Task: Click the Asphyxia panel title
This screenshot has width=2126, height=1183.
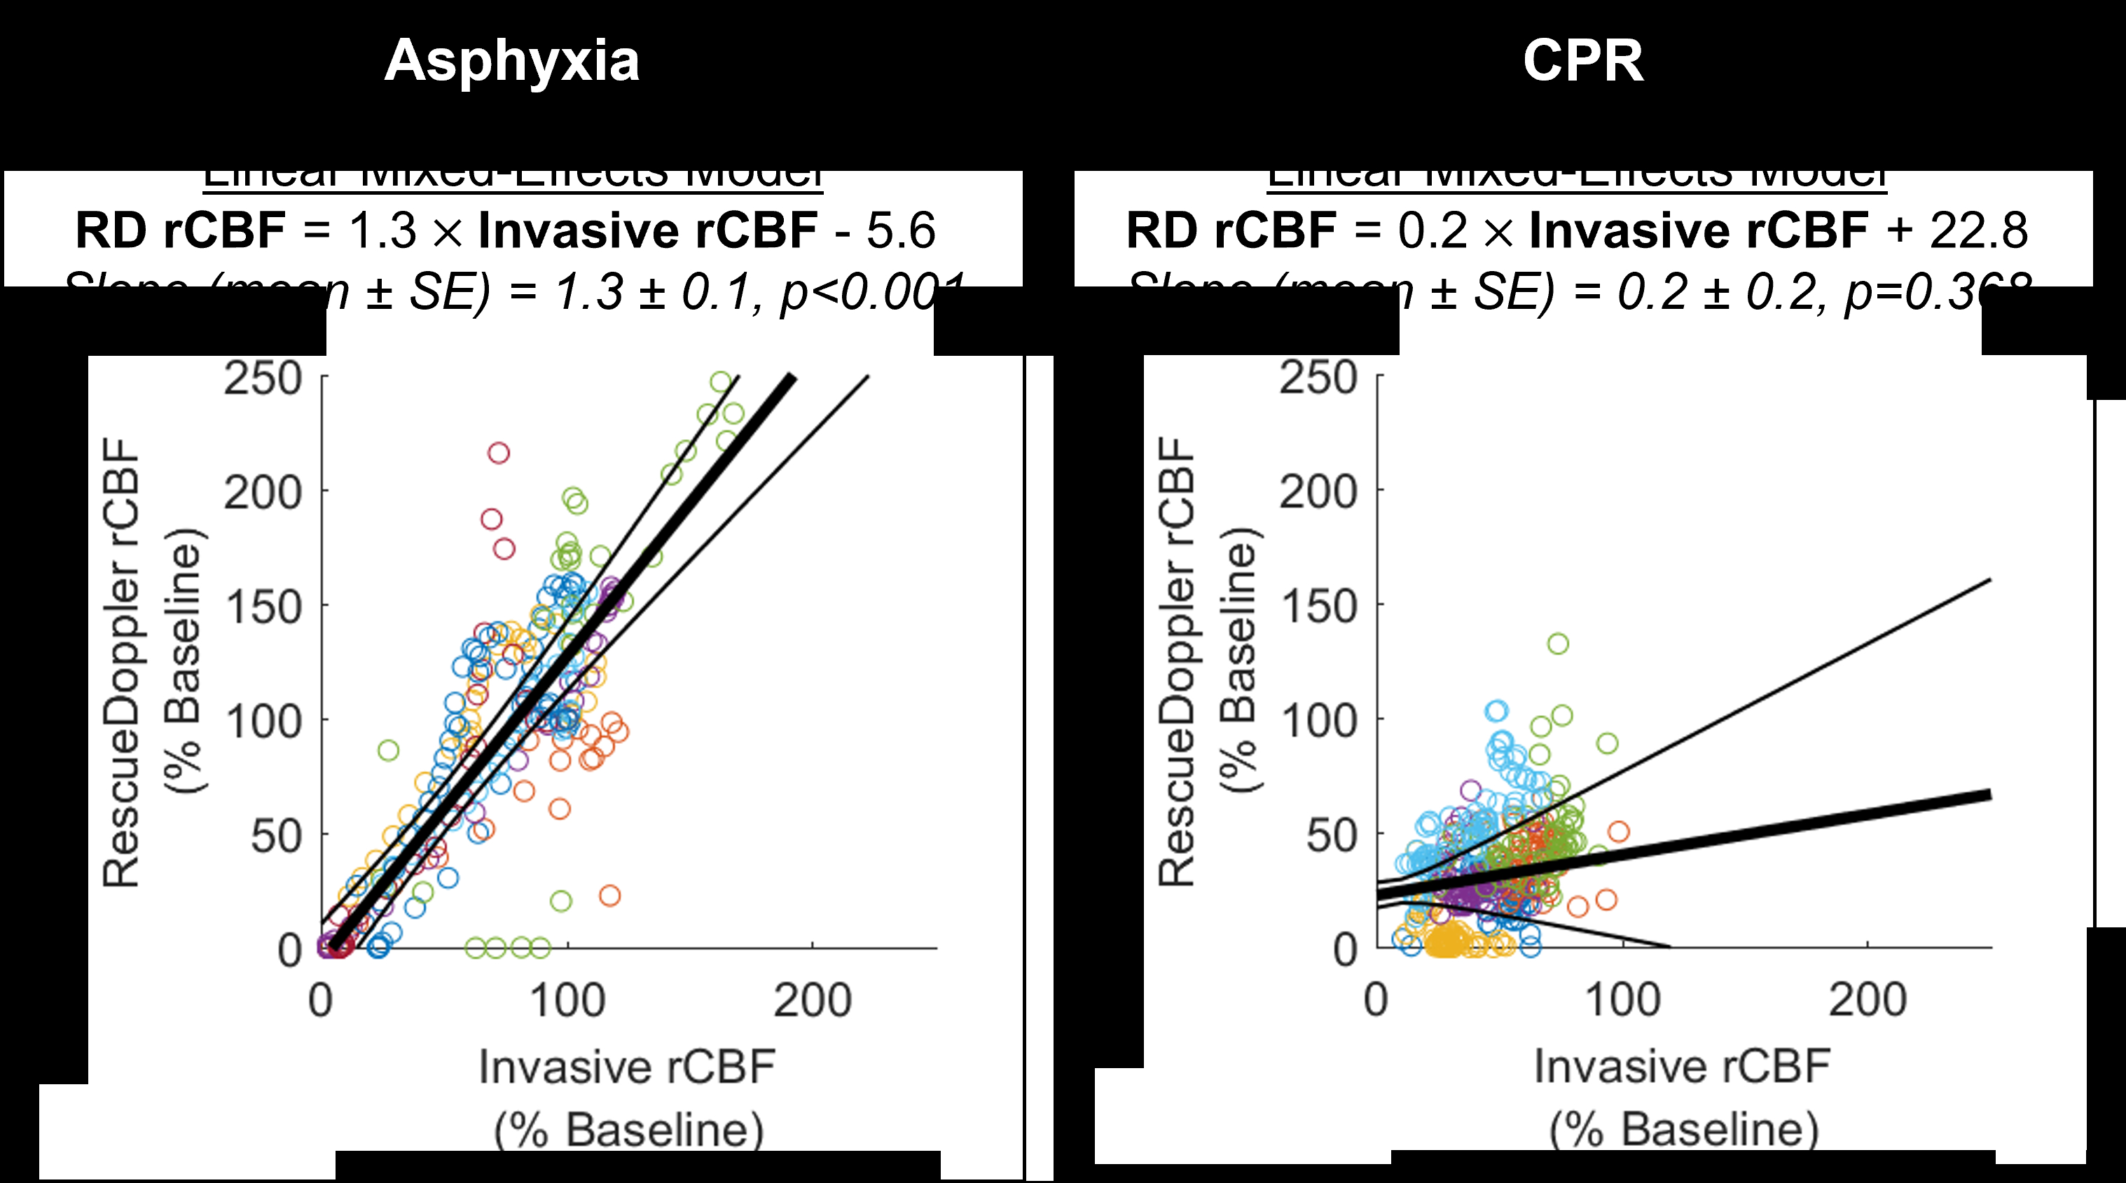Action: (511, 61)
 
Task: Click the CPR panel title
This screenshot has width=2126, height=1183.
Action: (1583, 61)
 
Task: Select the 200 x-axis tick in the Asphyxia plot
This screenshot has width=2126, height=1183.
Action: (812, 1001)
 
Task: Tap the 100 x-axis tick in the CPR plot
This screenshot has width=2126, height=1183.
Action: (1622, 1001)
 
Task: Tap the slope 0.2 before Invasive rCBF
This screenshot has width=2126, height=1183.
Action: (1432, 230)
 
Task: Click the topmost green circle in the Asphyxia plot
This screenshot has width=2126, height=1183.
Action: (722, 382)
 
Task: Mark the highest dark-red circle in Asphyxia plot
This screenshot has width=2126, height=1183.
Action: (499, 453)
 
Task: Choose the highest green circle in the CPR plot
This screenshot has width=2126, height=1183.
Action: (1557, 644)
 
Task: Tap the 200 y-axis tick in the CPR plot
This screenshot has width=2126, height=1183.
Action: (1318, 493)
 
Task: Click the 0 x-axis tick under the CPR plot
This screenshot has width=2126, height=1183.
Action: (1376, 1001)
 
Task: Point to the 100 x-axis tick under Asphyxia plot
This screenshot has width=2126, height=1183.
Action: (568, 1001)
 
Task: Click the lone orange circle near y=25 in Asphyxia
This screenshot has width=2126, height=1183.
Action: (609, 895)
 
